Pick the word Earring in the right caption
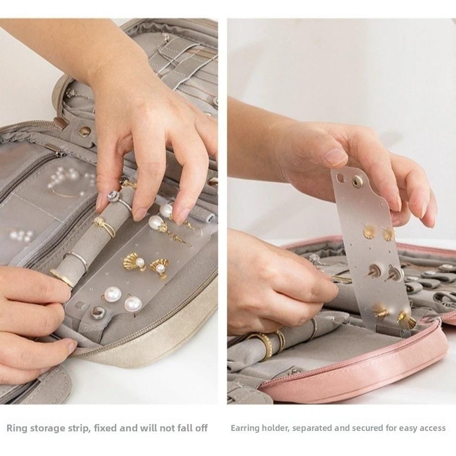[245, 428]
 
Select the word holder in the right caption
[276, 428]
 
